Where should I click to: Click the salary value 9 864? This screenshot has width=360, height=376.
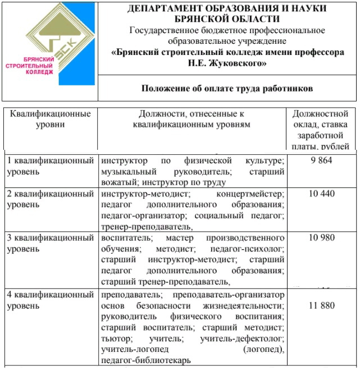321,161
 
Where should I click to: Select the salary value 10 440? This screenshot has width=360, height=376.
321,194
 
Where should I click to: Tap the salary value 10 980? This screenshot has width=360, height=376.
321,237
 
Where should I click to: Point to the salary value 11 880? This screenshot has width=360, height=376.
321,306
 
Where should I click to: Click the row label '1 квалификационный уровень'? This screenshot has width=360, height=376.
50,166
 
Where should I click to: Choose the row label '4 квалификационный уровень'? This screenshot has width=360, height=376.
50,300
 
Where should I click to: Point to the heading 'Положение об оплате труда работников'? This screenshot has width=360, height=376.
227,89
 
